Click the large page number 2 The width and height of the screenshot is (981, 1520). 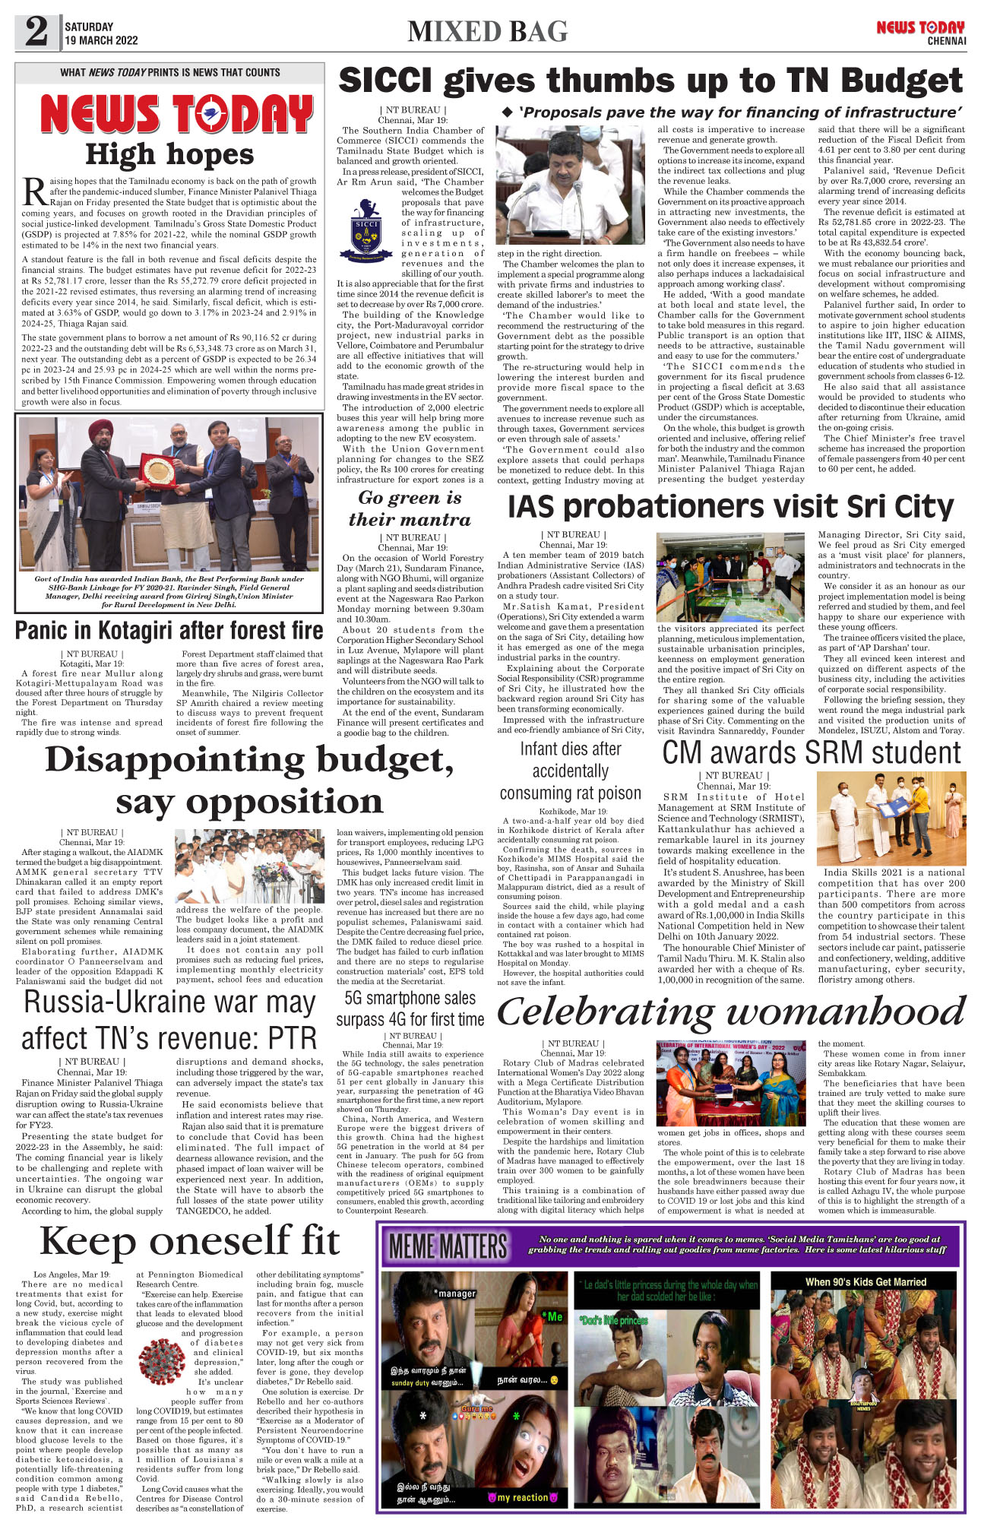(x=36, y=32)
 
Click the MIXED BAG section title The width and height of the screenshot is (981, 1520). (x=487, y=32)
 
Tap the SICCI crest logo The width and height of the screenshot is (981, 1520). (x=366, y=230)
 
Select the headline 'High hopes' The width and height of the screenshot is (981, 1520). (x=169, y=155)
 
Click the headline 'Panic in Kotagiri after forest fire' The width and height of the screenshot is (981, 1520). (x=169, y=631)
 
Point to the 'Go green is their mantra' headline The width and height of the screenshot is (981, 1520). (x=410, y=508)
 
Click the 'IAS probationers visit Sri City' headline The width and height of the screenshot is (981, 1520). (x=730, y=507)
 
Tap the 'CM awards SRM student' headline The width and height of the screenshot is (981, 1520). (x=812, y=752)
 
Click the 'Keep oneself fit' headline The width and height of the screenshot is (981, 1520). (x=190, y=1242)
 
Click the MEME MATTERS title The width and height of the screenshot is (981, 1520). (x=448, y=1247)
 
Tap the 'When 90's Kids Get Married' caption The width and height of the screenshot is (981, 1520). (x=865, y=1281)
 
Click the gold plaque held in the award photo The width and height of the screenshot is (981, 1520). (x=158, y=470)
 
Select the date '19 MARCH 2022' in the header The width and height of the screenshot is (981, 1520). (x=101, y=40)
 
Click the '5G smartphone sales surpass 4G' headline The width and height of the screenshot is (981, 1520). (x=410, y=1009)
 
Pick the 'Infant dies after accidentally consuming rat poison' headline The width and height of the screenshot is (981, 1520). (x=570, y=771)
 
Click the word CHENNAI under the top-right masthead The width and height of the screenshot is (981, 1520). (x=946, y=41)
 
